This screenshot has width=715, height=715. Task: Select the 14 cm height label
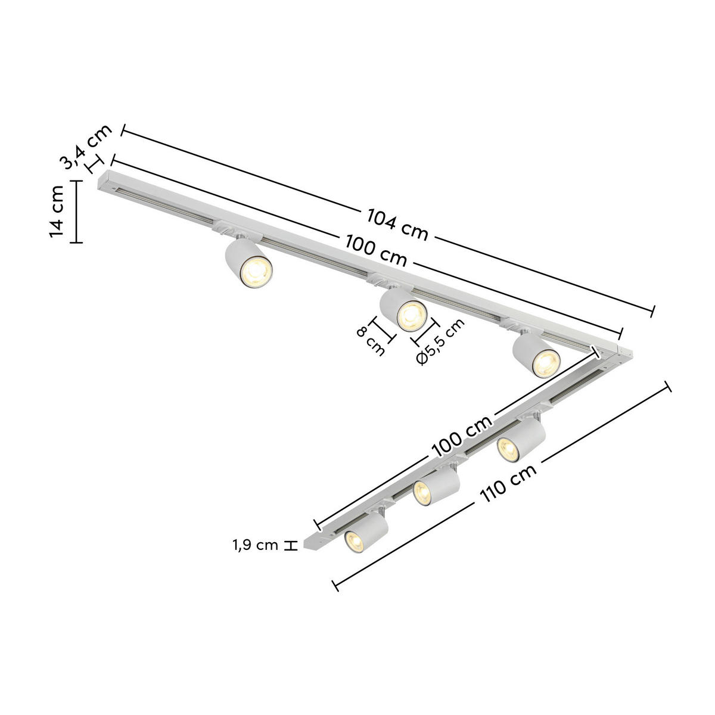[x=57, y=212]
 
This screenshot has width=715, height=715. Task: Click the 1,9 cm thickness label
[x=255, y=545]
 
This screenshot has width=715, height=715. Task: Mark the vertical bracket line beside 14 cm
[x=76, y=212]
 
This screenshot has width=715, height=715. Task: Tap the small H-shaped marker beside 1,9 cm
[x=290, y=545]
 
